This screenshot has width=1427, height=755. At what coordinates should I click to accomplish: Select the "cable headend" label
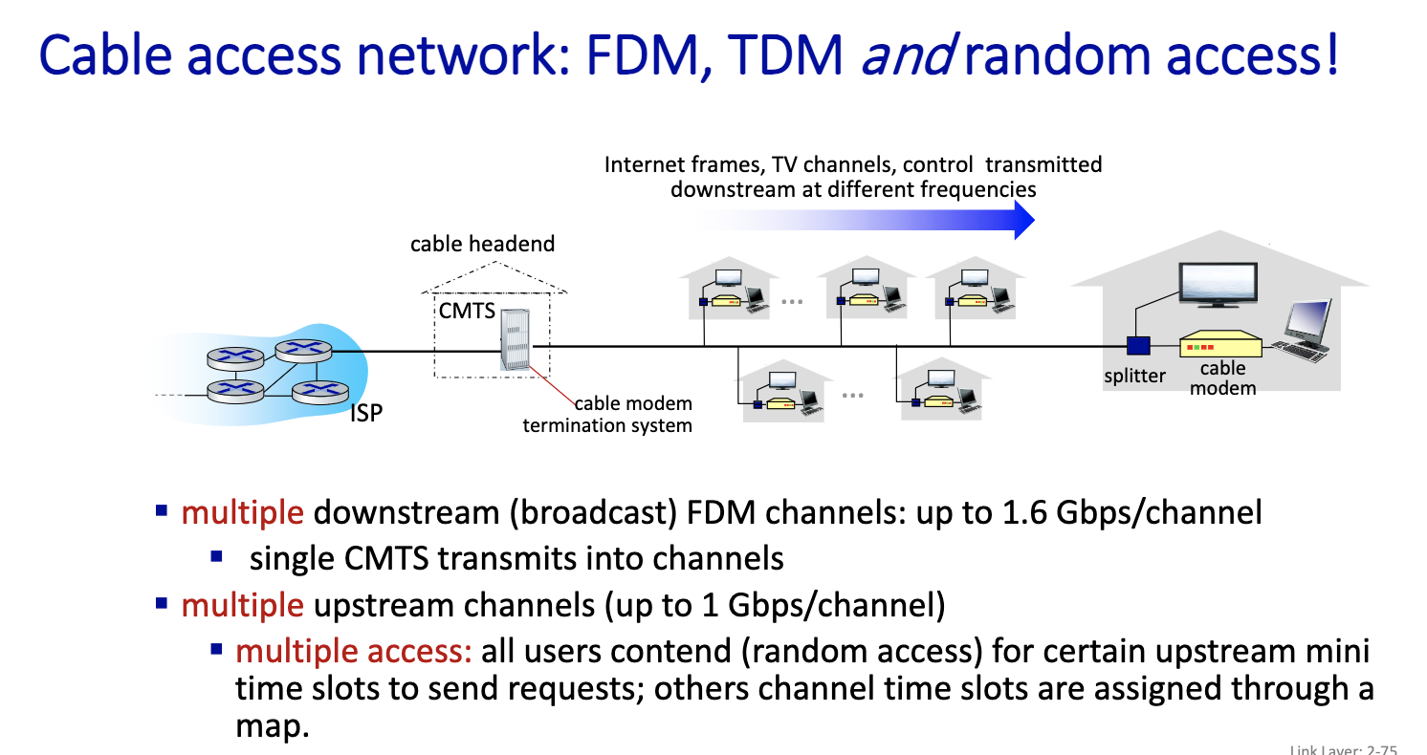pos(482,244)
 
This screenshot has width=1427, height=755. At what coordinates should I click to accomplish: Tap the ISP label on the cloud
pos(365,414)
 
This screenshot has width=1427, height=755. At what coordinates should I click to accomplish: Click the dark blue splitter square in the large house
pos(1137,347)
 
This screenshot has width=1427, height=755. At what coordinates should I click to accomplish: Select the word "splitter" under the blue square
pos(1135,376)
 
